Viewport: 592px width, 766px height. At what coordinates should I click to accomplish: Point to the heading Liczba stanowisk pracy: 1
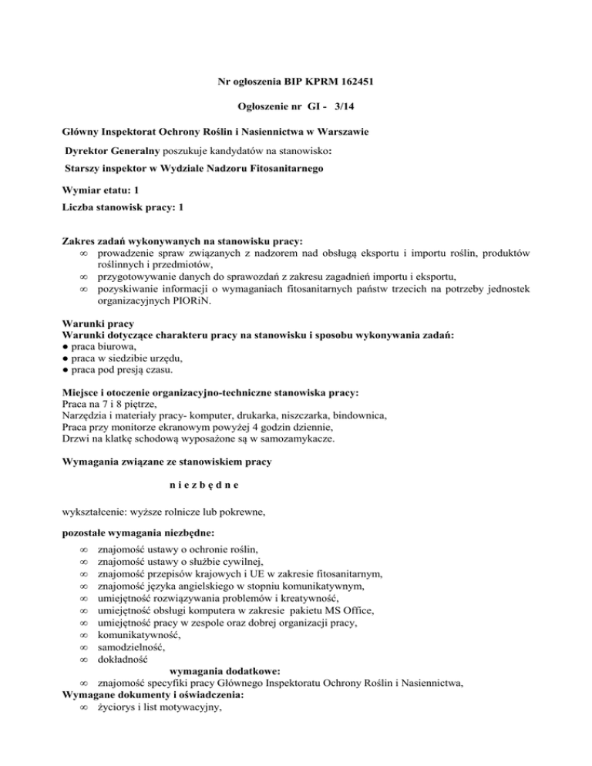pyautogui.click(x=123, y=208)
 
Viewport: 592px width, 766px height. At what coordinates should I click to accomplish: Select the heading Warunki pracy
pyautogui.click(x=94, y=324)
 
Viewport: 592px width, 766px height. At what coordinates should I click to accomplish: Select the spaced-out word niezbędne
pyautogui.click(x=203, y=485)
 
